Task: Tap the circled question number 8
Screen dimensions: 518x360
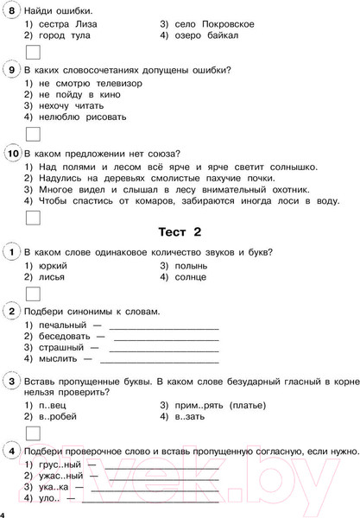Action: tap(12, 10)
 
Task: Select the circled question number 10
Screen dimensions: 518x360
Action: tap(12, 154)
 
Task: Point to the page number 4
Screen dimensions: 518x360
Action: tap(4, 515)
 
